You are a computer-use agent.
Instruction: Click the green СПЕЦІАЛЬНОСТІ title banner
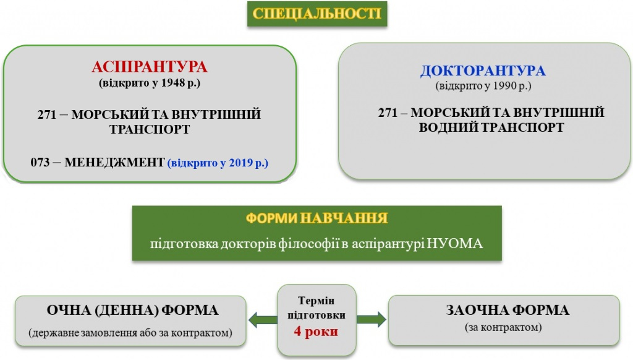pos(317,14)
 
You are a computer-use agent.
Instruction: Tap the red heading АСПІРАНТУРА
pos(150,67)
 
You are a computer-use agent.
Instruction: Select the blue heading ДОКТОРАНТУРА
pos(483,71)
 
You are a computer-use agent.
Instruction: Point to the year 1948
pos(173,83)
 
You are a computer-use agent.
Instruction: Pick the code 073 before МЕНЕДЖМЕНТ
pos(40,163)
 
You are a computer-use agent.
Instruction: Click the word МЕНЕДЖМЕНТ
pos(114,163)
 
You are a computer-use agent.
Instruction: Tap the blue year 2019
pos(241,163)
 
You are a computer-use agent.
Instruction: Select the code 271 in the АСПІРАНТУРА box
pos(47,114)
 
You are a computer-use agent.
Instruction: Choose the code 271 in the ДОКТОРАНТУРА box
pos(388,113)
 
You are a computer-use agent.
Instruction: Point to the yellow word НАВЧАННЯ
pos(344,218)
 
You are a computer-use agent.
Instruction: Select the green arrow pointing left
pos(263,320)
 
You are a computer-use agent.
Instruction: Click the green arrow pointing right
pos(372,319)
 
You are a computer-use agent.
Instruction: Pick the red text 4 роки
pos(316,332)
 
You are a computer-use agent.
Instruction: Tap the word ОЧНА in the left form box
pos(69,311)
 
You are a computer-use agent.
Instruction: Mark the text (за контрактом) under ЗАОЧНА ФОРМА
pos(503,327)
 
